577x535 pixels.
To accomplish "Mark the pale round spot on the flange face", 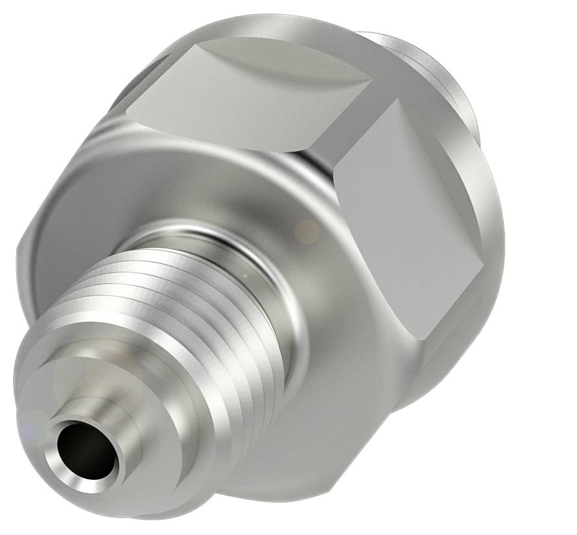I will [305, 228].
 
